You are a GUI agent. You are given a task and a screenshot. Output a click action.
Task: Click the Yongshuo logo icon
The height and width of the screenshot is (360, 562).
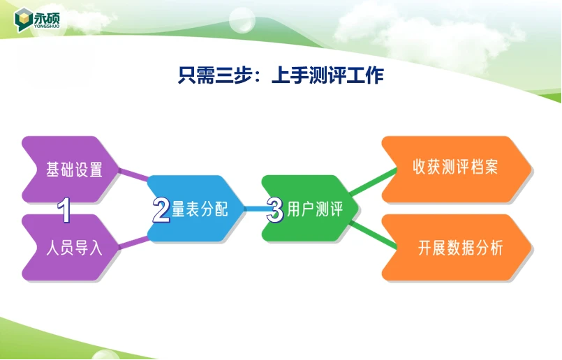tap(23, 20)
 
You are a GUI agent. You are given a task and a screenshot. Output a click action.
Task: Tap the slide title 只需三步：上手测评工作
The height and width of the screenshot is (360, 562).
tap(281, 75)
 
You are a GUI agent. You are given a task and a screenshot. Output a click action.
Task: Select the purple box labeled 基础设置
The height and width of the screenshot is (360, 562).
tap(71, 170)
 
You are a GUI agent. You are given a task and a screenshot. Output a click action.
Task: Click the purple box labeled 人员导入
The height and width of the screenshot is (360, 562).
tap(71, 248)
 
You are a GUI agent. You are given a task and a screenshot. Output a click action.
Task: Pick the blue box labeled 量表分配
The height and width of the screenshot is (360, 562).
tap(195, 209)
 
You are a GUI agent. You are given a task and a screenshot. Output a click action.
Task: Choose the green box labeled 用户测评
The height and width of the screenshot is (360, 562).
tap(310, 209)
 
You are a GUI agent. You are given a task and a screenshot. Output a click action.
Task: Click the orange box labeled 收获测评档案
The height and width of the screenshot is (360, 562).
tap(457, 169)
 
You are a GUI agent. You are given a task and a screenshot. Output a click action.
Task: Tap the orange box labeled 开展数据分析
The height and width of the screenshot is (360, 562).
tap(457, 248)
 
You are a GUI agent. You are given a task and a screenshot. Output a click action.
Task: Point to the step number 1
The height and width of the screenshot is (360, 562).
tap(64, 210)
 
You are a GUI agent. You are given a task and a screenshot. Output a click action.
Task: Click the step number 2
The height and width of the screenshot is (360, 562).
tap(161, 210)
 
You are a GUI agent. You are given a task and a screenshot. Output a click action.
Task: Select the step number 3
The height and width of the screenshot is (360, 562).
tap(275, 210)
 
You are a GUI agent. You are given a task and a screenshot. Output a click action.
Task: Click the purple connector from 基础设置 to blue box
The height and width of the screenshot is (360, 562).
tap(133, 174)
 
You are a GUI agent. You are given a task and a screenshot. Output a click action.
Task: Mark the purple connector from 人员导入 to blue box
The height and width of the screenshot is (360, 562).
tap(133, 242)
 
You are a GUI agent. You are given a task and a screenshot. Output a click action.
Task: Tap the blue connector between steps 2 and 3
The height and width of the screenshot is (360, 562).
tap(256, 209)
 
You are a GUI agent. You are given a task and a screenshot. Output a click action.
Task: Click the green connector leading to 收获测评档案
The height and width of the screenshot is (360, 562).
tap(373, 181)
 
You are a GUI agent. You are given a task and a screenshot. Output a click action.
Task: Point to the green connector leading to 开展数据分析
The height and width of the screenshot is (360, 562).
tap(373, 235)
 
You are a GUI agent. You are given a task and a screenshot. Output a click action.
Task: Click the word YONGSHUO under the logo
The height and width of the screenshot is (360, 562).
tap(47, 26)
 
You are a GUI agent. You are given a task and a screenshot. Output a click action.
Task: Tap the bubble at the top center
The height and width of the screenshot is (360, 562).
tap(242, 20)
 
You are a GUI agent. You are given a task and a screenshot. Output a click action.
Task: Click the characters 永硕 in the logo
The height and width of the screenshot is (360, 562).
tap(47, 17)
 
